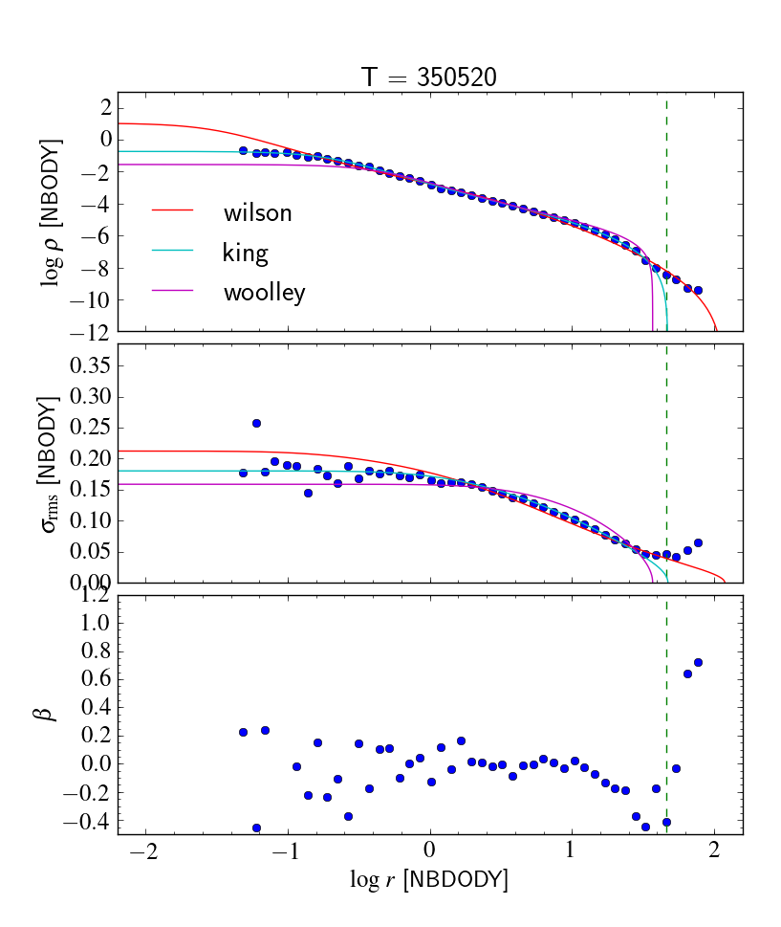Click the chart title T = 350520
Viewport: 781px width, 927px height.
[x=429, y=78]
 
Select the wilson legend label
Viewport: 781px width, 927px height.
[x=257, y=212]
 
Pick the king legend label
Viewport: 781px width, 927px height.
[x=245, y=253]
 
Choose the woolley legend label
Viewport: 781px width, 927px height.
[x=264, y=293]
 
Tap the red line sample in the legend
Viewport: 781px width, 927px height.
[x=172, y=210]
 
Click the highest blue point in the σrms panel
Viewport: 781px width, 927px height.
[x=256, y=423]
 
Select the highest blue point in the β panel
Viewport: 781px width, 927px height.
[x=698, y=662]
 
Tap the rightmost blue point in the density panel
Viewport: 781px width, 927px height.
[x=698, y=290]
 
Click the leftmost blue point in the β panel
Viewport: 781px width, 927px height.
[x=243, y=732]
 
